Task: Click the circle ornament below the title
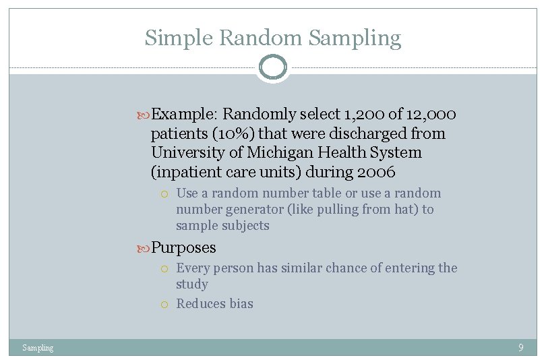click(273, 67)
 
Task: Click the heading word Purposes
click(183, 247)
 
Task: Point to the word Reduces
click(200, 303)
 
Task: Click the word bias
click(240, 303)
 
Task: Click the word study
click(191, 284)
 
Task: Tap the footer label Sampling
click(38, 348)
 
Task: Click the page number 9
click(520, 348)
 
